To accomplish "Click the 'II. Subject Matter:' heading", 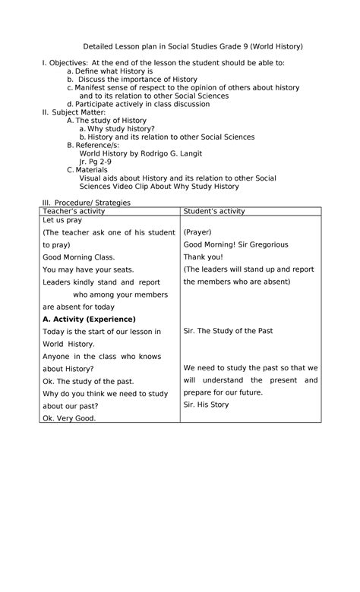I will [73, 112].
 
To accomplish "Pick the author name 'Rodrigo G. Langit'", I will [182, 153].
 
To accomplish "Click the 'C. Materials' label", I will [87, 170].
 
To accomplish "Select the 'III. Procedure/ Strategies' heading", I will [86, 203].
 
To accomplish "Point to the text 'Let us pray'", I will [62, 220].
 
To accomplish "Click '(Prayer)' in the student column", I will [197, 232].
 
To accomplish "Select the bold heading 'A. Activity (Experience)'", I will [89, 319].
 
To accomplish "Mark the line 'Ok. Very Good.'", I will [69, 417].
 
